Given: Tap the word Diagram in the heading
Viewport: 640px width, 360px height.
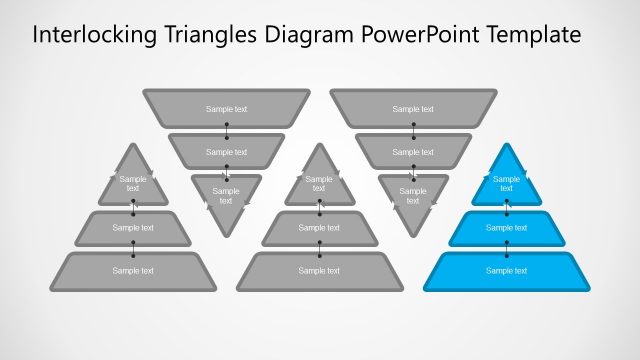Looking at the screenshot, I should pyautogui.click(x=310, y=35).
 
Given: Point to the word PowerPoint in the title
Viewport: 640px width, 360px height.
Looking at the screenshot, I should pyautogui.click(x=421, y=35).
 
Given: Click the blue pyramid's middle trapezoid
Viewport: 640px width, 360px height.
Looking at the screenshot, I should pyautogui.click(x=506, y=228).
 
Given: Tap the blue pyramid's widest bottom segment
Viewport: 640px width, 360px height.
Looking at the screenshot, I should pyautogui.click(x=506, y=270).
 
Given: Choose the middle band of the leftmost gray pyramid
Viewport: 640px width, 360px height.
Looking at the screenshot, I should pyautogui.click(x=133, y=228).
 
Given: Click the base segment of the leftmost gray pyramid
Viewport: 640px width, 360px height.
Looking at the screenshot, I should pyautogui.click(x=133, y=270).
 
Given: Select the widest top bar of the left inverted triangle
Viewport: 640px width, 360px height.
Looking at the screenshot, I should pyautogui.click(x=226, y=108).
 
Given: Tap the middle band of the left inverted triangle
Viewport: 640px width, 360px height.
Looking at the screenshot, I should pyautogui.click(x=226, y=151).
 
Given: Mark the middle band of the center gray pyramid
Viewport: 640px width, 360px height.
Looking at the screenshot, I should pyautogui.click(x=319, y=228).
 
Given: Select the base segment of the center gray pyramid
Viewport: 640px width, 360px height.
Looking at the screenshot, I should pyautogui.click(x=319, y=270).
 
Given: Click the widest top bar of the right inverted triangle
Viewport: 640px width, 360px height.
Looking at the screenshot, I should pyautogui.click(x=413, y=108).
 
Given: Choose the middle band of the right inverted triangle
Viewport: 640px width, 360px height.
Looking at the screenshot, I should pyautogui.click(x=413, y=151).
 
